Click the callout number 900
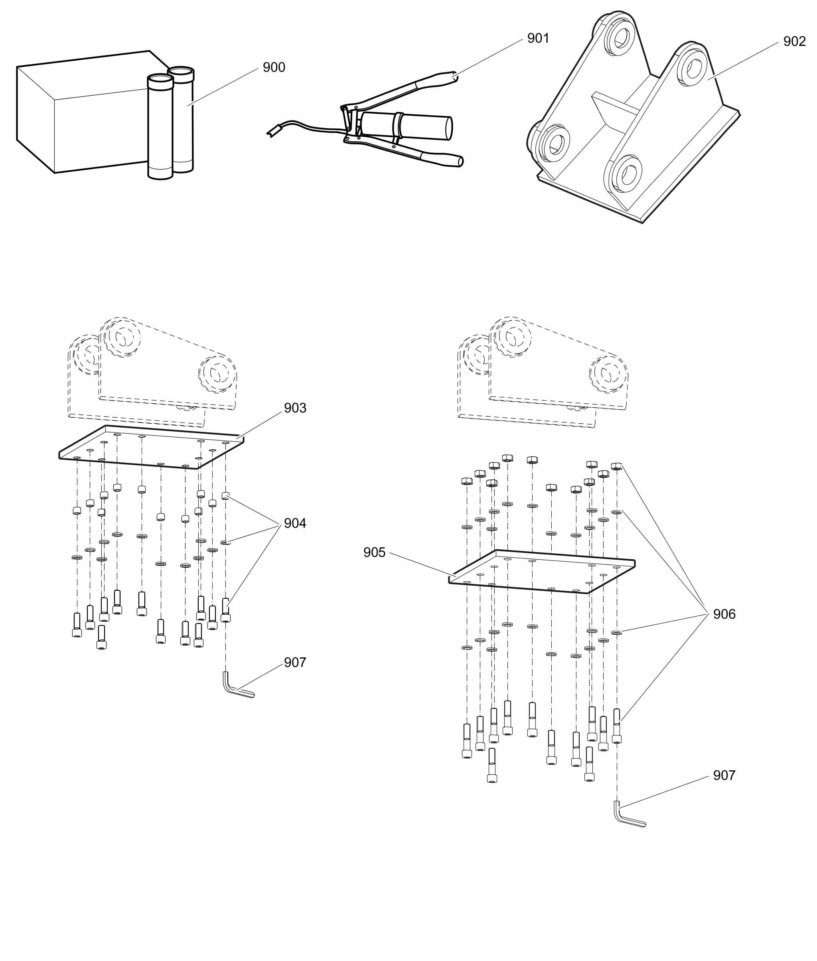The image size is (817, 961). pyautogui.click(x=274, y=68)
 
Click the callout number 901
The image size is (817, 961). pyautogui.click(x=538, y=38)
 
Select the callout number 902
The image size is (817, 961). pyautogui.click(x=794, y=41)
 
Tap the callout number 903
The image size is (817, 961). pyautogui.click(x=295, y=408)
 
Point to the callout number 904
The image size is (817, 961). pyautogui.click(x=295, y=523)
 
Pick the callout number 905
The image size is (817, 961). pyautogui.click(x=374, y=553)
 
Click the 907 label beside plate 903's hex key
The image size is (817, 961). pyautogui.click(x=295, y=663)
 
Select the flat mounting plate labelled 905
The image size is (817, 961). pyautogui.click(x=542, y=572)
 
